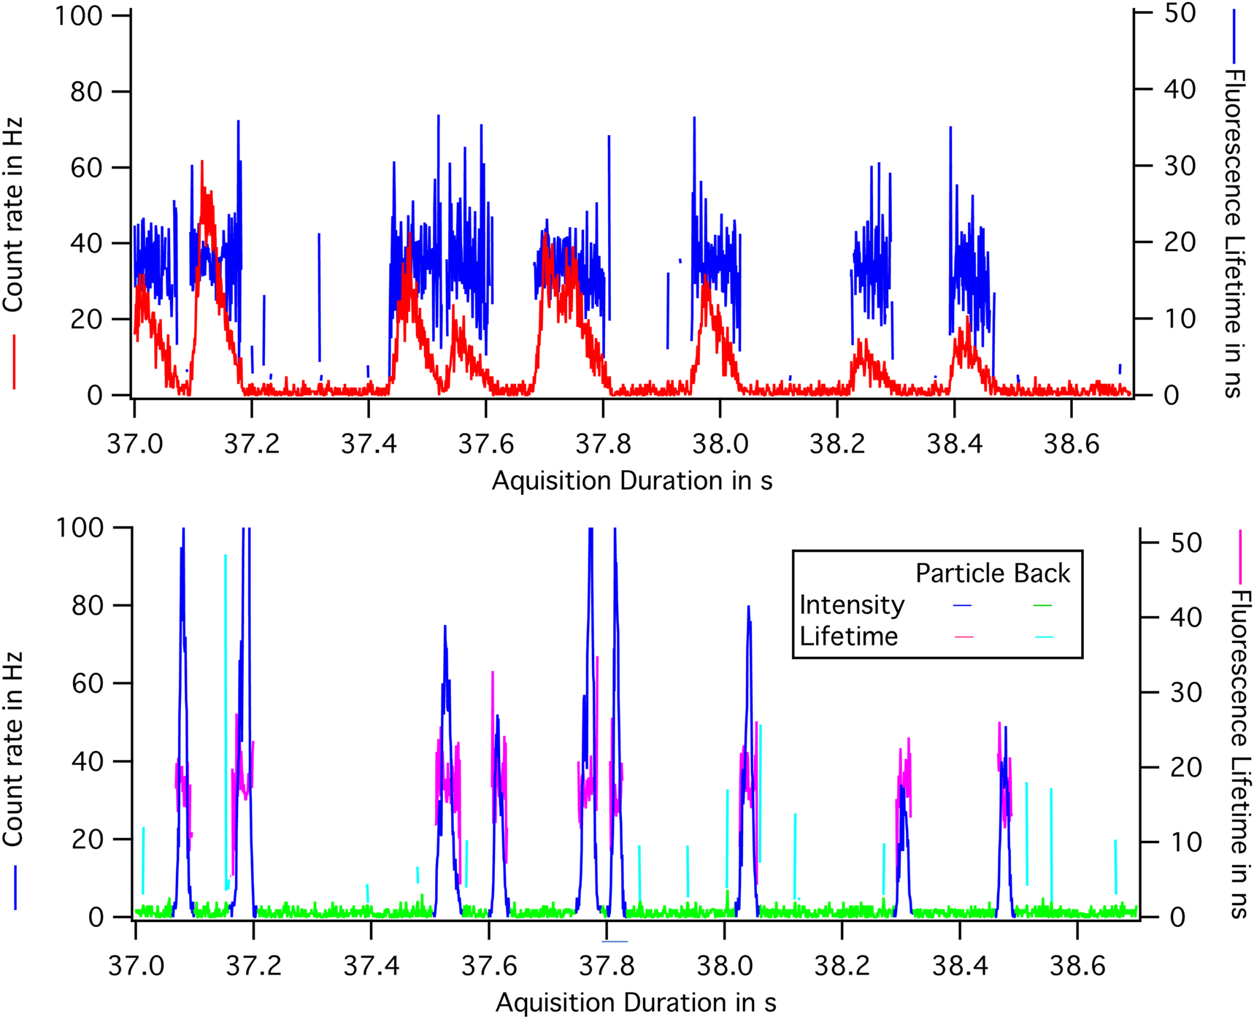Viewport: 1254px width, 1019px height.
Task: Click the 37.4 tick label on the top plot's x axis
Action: [x=369, y=444]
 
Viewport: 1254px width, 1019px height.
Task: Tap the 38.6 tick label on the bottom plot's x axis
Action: [x=1077, y=966]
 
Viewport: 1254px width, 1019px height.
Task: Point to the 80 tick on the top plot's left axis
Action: [x=86, y=92]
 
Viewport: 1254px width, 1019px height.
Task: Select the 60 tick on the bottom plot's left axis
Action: [x=88, y=684]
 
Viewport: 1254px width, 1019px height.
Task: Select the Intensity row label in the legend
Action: [x=852, y=605]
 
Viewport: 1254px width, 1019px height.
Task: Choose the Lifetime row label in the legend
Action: [x=848, y=637]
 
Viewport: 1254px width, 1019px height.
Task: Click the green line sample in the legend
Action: [x=1042, y=606]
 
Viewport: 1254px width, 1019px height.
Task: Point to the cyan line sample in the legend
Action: [x=1044, y=638]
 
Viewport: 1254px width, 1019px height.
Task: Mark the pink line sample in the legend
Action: [x=963, y=638]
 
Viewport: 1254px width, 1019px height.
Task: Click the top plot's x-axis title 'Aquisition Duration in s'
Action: [x=632, y=481]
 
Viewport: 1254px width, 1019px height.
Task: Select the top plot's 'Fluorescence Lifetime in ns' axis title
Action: [x=1233, y=234]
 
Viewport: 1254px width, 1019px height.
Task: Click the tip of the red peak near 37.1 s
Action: [x=201, y=162]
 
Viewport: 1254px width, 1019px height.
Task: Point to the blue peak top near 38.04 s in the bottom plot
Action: [x=748, y=607]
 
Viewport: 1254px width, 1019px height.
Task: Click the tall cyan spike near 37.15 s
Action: [x=226, y=556]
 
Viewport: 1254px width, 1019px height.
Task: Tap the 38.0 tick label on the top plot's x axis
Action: [x=720, y=444]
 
